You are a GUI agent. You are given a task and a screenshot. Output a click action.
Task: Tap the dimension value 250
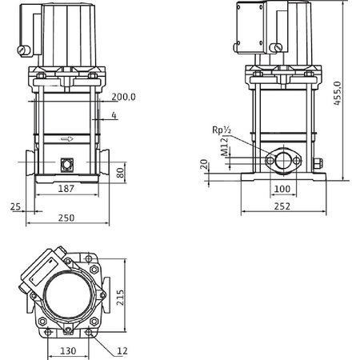pos(68,218)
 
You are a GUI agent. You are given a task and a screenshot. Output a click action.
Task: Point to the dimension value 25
pos(14,206)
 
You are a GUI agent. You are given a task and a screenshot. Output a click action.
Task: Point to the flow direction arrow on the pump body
pos(66,138)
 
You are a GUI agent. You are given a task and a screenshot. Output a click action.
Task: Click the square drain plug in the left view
pos(66,165)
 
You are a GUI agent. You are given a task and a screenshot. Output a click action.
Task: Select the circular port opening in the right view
pos(282,162)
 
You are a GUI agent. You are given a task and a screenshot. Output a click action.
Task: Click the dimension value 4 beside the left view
pos(115,117)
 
